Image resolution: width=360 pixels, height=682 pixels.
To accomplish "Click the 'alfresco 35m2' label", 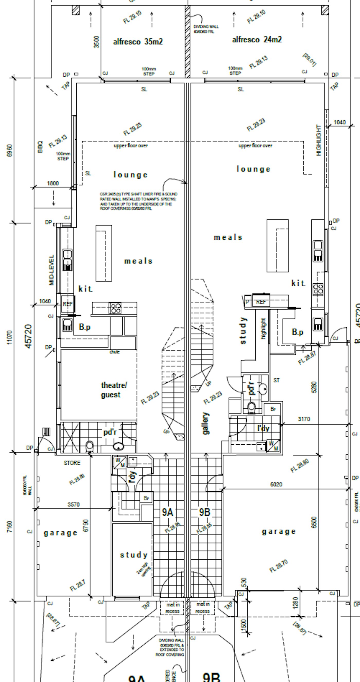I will click(138, 42).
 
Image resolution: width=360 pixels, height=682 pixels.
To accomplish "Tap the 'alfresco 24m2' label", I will click(257, 40).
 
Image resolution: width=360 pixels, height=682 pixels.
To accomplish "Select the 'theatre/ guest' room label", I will click(114, 390).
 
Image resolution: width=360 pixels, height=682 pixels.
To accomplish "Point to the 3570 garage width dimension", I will click(73, 504).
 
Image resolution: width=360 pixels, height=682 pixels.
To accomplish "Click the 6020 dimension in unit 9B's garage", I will click(276, 484).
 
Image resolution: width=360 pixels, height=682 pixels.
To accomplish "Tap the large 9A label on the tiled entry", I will click(168, 512).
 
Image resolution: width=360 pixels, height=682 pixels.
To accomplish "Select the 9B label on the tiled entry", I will click(204, 512).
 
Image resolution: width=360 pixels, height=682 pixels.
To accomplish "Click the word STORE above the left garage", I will click(72, 463).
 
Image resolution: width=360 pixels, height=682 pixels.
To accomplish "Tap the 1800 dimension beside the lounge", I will click(53, 183).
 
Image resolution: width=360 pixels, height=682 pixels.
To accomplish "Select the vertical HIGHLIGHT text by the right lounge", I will click(319, 140).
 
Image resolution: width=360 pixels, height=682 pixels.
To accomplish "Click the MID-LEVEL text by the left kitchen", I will click(51, 270).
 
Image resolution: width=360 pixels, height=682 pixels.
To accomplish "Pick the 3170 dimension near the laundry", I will click(304, 419).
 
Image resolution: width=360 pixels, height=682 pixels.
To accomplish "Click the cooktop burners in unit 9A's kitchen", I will click(116, 308).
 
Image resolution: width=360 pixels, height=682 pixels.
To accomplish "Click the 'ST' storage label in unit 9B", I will click(276, 380).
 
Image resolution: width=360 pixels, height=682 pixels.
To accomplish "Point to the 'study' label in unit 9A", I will click(134, 555).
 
